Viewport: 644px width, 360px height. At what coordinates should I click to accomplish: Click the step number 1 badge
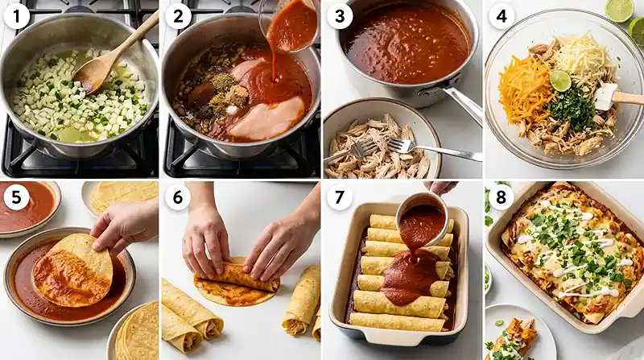point(17,15)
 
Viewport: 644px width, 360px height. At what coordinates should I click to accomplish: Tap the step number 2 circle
point(178,15)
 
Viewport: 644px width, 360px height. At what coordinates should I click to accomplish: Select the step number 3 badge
point(339,15)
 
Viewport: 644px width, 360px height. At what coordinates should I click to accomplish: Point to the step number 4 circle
point(502,15)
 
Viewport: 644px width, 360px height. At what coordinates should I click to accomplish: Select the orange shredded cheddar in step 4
point(524,88)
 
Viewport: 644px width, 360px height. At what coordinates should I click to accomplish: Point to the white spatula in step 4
point(608,95)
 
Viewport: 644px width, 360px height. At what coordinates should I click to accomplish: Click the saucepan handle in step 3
point(463,105)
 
